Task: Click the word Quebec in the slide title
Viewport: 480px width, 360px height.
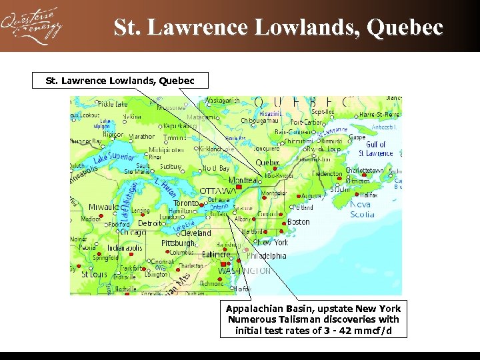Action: click(x=405, y=27)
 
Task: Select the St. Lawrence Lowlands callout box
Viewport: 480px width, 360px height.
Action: click(x=120, y=81)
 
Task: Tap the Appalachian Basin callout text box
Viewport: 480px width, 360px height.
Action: click(x=313, y=319)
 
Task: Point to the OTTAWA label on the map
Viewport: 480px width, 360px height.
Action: click(x=218, y=191)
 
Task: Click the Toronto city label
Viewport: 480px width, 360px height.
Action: click(x=186, y=203)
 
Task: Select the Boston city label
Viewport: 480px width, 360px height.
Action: click(x=298, y=222)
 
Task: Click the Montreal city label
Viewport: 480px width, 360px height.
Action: click(x=243, y=181)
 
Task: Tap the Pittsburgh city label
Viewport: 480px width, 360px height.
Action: click(x=178, y=243)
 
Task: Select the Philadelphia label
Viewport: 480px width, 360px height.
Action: click(x=267, y=255)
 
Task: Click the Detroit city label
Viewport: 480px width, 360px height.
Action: click(x=152, y=223)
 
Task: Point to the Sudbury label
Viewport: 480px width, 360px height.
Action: click(x=171, y=166)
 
